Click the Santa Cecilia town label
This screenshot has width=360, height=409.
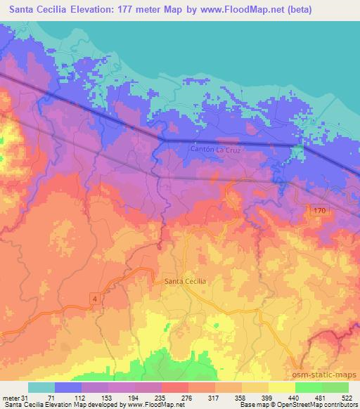186,281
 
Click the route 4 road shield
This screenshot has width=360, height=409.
94,299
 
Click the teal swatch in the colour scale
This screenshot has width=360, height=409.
41,387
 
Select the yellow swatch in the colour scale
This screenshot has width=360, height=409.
281,387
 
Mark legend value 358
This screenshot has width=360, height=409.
233,398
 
